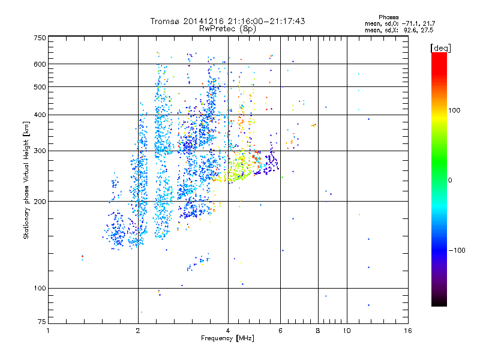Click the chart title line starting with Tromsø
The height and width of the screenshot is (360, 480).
click(x=227, y=21)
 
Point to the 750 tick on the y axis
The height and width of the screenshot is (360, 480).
click(x=40, y=38)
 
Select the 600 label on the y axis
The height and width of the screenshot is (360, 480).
click(x=40, y=64)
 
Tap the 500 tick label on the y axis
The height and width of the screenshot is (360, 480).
click(x=40, y=87)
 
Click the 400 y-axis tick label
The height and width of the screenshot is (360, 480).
click(x=40, y=115)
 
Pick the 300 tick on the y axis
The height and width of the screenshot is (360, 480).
click(x=40, y=151)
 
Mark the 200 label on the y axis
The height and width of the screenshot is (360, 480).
click(x=40, y=202)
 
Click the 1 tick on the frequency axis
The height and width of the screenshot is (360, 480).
click(x=49, y=330)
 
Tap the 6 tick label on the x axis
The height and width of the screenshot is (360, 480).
click(x=280, y=330)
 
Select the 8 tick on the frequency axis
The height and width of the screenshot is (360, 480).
click(x=318, y=330)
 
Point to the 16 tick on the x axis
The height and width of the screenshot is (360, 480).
click(x=408, y=330)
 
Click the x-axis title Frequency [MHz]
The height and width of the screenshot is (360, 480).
click(x=227, y=338)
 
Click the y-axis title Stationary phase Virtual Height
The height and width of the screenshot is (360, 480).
click(x=26, y=180)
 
